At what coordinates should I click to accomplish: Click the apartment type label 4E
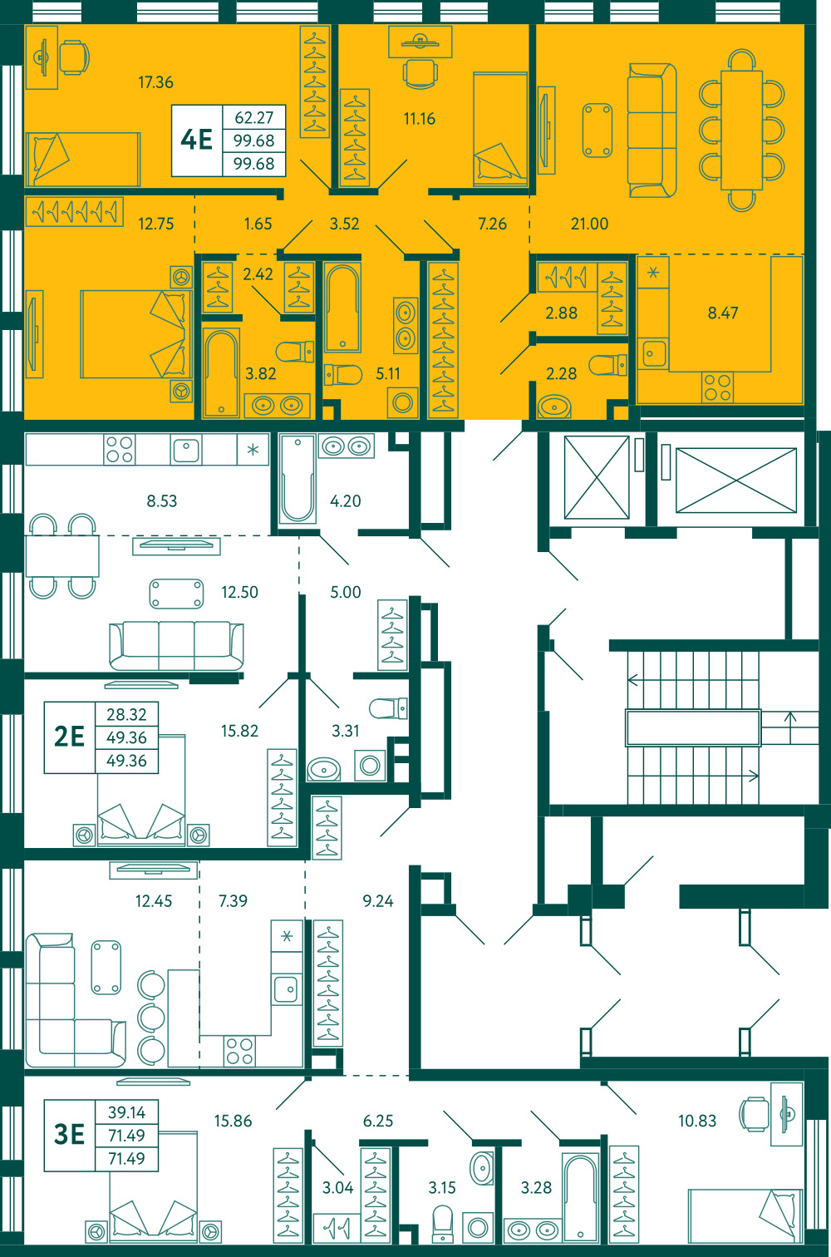point(196,140)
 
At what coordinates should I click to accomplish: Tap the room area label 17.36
point(155,82)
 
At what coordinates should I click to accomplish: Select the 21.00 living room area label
point(589,224)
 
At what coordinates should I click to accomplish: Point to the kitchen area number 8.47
point(723,313)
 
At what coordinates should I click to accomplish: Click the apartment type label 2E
point(69,737)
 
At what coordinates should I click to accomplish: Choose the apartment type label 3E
point(69,1134)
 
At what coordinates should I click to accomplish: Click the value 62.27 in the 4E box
point(253,118)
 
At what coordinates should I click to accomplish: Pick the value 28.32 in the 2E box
point(126,714)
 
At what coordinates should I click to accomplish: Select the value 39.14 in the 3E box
point(126,1112)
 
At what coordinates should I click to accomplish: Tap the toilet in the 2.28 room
point(607,365)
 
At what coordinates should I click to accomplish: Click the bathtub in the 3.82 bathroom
point(221,373)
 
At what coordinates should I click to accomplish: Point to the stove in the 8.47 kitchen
point(717,387)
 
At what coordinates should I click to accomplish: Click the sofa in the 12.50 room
point(176,645)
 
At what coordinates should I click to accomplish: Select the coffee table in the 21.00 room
point(597,131)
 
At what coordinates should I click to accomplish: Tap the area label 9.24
point(377,900)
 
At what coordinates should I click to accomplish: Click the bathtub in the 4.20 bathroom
point(297,478)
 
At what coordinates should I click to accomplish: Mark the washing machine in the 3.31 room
point(370,766)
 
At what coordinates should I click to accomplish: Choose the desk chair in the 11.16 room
point(420,74)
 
